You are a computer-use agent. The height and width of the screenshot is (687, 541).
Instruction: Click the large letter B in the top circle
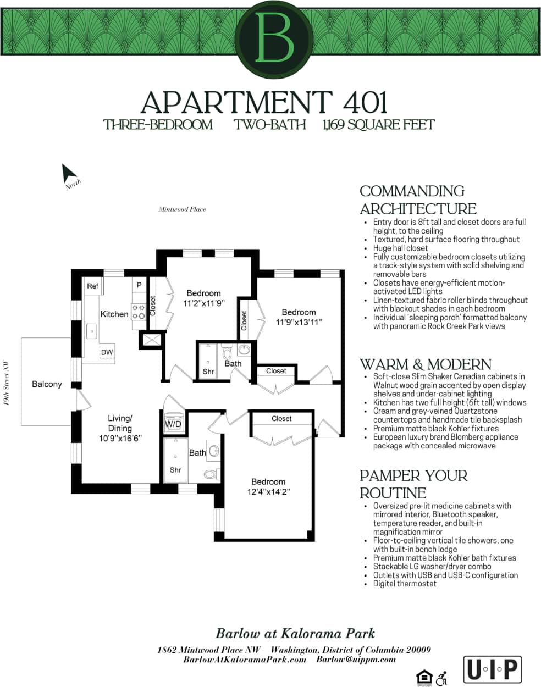(x=274, y=37)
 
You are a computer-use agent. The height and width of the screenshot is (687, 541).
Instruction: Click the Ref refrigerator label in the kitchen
(x=92, y=286)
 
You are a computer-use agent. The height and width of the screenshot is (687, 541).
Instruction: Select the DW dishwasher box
(x=107, y=352)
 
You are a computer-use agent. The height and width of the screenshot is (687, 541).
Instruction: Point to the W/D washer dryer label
(x=173, y=424)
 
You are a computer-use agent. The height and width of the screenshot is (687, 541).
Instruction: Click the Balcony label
(x=47, y=384)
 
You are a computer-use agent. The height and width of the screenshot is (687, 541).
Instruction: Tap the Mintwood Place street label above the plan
(x=182, y=209)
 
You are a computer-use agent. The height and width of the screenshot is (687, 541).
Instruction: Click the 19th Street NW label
(x=6, y=383)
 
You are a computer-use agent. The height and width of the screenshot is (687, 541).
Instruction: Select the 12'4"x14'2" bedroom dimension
(x=269, y=492)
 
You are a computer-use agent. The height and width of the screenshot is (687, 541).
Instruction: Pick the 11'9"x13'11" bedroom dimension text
(x=299, y=322)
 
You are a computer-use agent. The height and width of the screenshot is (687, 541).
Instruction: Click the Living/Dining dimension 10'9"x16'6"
(x=120, y=438)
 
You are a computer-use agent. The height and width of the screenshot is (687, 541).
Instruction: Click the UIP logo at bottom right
(x=492, y=668)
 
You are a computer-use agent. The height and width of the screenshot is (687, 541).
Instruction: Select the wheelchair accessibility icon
(x=441, y=678)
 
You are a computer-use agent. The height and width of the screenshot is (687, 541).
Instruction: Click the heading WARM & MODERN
(x=425, y=364)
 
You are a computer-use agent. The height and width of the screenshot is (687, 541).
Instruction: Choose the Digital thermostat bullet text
(x=405, y=584)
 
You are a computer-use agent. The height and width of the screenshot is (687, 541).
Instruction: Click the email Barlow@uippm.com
(x=356, y=660)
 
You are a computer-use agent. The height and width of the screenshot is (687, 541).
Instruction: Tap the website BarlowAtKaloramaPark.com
(x=245, y=660)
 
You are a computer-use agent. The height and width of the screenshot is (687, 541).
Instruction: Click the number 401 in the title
(x=365, y=102)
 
